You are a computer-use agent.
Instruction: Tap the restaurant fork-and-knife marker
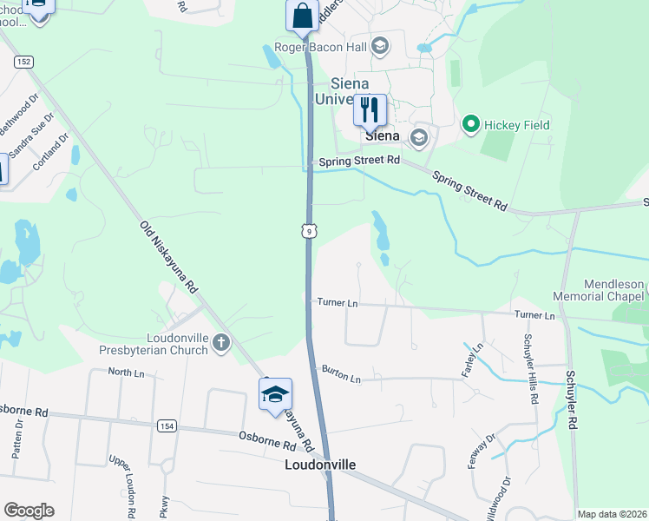370,109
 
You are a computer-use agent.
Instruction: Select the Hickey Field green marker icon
471,125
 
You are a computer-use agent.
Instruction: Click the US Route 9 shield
308,230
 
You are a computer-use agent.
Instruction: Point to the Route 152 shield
23,62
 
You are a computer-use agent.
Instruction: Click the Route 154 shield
167,425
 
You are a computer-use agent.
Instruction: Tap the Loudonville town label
320,465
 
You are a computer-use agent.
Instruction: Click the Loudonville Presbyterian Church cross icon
221,342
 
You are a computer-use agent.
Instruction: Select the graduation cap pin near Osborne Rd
275,394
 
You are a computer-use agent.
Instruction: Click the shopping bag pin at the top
302,16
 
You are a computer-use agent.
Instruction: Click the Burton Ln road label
341,374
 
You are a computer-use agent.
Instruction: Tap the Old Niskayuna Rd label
169,256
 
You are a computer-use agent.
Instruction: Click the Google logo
29,511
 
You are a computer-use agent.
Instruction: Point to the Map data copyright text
611,514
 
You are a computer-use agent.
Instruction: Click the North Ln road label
126,372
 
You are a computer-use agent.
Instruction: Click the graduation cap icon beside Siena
419,136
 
